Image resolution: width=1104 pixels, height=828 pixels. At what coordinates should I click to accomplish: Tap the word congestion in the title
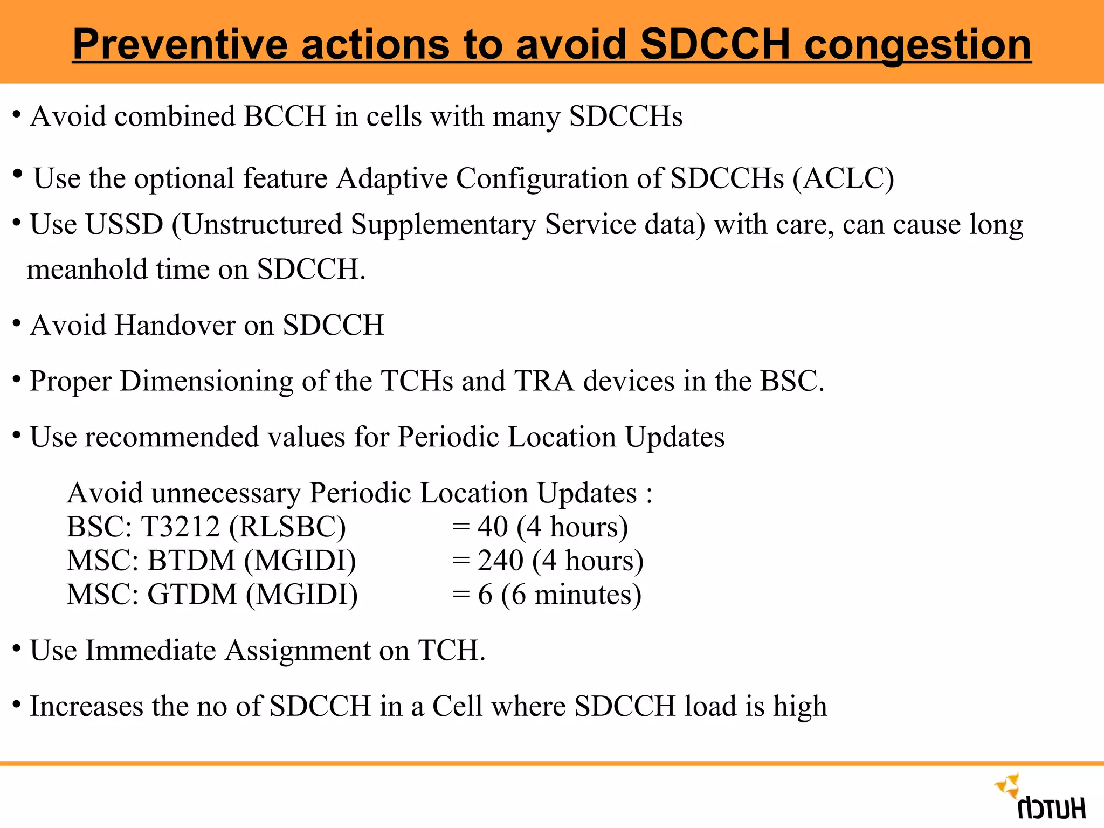click(917, 45)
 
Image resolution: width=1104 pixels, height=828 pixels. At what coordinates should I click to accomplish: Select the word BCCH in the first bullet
click(285, 116)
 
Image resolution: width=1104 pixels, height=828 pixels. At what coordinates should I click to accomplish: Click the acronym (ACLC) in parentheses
click(843, 178)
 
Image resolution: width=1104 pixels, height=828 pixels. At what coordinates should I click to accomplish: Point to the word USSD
click(123, 224)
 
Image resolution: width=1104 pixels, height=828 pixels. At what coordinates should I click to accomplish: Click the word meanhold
click(87, 269)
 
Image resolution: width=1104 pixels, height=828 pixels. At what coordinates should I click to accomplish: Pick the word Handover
click(175, 325)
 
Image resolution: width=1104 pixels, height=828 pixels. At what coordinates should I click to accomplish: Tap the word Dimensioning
click(206, 382)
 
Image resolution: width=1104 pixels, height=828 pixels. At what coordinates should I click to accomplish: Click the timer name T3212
click(181, 527)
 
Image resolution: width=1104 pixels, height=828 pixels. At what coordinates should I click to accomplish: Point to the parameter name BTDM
click(191, 561)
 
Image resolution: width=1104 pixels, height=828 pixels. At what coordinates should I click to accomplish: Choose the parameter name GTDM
click(192, 595)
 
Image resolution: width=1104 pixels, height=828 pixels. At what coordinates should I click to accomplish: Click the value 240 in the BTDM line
click(500, 561)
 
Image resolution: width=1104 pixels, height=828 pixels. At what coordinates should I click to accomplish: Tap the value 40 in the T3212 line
click(493, 527)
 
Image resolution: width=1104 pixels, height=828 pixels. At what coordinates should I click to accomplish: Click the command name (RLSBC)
click(287, 527)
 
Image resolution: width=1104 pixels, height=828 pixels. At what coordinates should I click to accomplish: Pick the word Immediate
click(150, 650)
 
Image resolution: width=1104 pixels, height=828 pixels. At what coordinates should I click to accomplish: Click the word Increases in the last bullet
click(86, 706)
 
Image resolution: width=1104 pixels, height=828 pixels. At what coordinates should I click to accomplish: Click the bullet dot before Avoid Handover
click(17, 323)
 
